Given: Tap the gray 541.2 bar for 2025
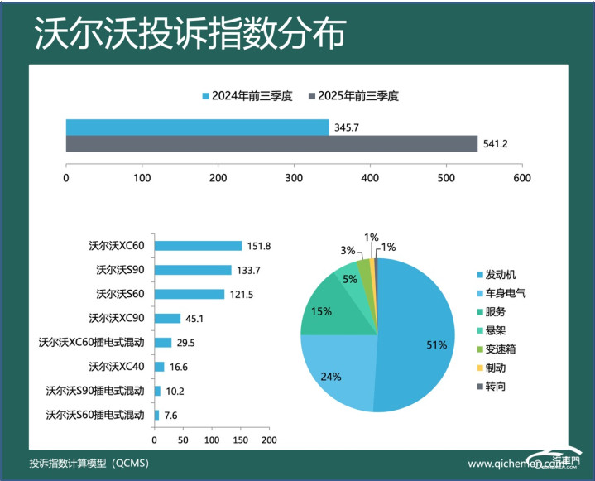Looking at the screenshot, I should click(x=271, y=144).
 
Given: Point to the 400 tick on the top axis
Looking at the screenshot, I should click(x=370, y=177).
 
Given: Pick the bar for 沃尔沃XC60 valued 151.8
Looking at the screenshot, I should click(x=198, y=246).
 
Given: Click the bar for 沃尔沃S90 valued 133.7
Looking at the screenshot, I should click(x=193, y=270).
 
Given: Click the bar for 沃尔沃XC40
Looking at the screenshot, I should click(x=159, y=366).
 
